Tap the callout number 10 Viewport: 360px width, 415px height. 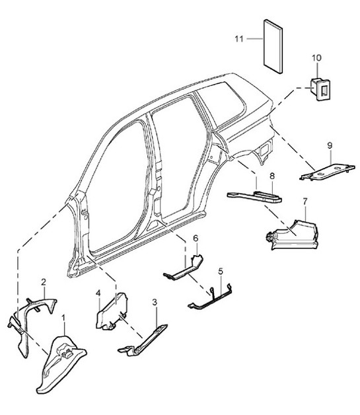pos(316,58)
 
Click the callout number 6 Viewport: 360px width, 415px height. pos(196,238)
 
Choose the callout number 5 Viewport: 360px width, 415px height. pos(221,271)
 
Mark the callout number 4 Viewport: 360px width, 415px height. pos(98,293)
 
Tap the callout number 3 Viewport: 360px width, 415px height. pos(154,303)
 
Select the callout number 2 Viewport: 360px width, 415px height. pos(44,282)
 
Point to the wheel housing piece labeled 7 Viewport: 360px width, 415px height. pos(291,232)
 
